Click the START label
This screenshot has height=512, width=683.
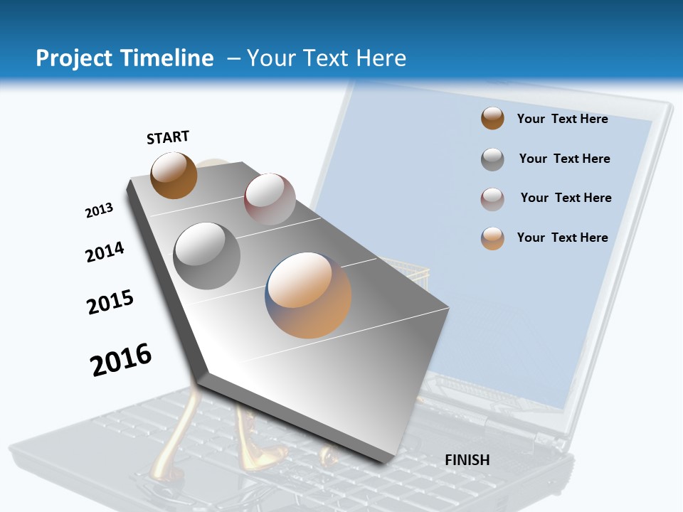[x=168, y=137]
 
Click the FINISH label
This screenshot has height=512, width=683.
[x=467, y=460]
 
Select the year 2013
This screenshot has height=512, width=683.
[x=99, y=210]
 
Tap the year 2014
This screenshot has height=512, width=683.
[x=105, y=252]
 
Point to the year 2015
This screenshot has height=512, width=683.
[x=110, y=302]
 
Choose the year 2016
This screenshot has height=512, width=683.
[x=121, y=360]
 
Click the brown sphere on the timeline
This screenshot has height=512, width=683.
[x=174, y=176]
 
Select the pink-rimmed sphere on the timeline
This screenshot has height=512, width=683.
[x=270, y=199]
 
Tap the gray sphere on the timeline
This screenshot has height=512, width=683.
[x=207, y=256]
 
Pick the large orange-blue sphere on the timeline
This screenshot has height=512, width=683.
[x=308, y=295]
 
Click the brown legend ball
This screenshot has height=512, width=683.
[x=492, y=119]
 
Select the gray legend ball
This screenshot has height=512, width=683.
[x=492, y=159]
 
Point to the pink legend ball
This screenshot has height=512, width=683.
[x=492, y=199]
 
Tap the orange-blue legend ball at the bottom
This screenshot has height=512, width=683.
[x=492, y=238]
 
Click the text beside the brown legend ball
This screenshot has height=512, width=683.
[x=562, y=119]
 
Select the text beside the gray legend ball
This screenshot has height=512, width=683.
[x=564, y=159]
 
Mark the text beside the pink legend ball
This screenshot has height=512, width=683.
[x=566, y=198]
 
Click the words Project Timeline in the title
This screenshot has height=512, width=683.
[x=125, y=58]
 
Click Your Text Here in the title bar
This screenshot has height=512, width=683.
[x=327, y=58]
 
